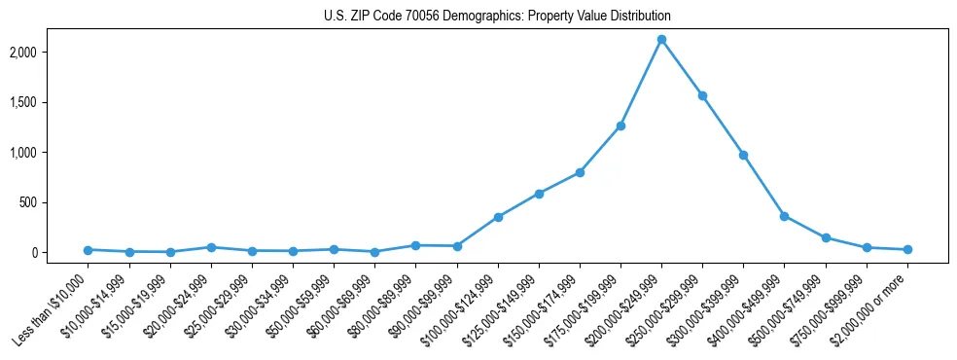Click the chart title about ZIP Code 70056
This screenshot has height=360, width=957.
497,17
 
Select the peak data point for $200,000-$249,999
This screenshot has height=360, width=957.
661,40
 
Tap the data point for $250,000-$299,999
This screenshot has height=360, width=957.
702,95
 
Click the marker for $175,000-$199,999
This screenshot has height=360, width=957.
620,126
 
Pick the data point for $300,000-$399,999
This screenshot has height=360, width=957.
743,155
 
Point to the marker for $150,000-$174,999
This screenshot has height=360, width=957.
580,172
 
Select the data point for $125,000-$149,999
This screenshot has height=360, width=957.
539,194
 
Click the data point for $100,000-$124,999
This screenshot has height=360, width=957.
498,217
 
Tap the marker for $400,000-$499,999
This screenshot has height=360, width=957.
784,216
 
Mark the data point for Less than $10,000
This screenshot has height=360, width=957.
89,250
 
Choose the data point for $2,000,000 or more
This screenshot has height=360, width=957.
907,250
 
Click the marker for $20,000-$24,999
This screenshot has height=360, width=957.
211,247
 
